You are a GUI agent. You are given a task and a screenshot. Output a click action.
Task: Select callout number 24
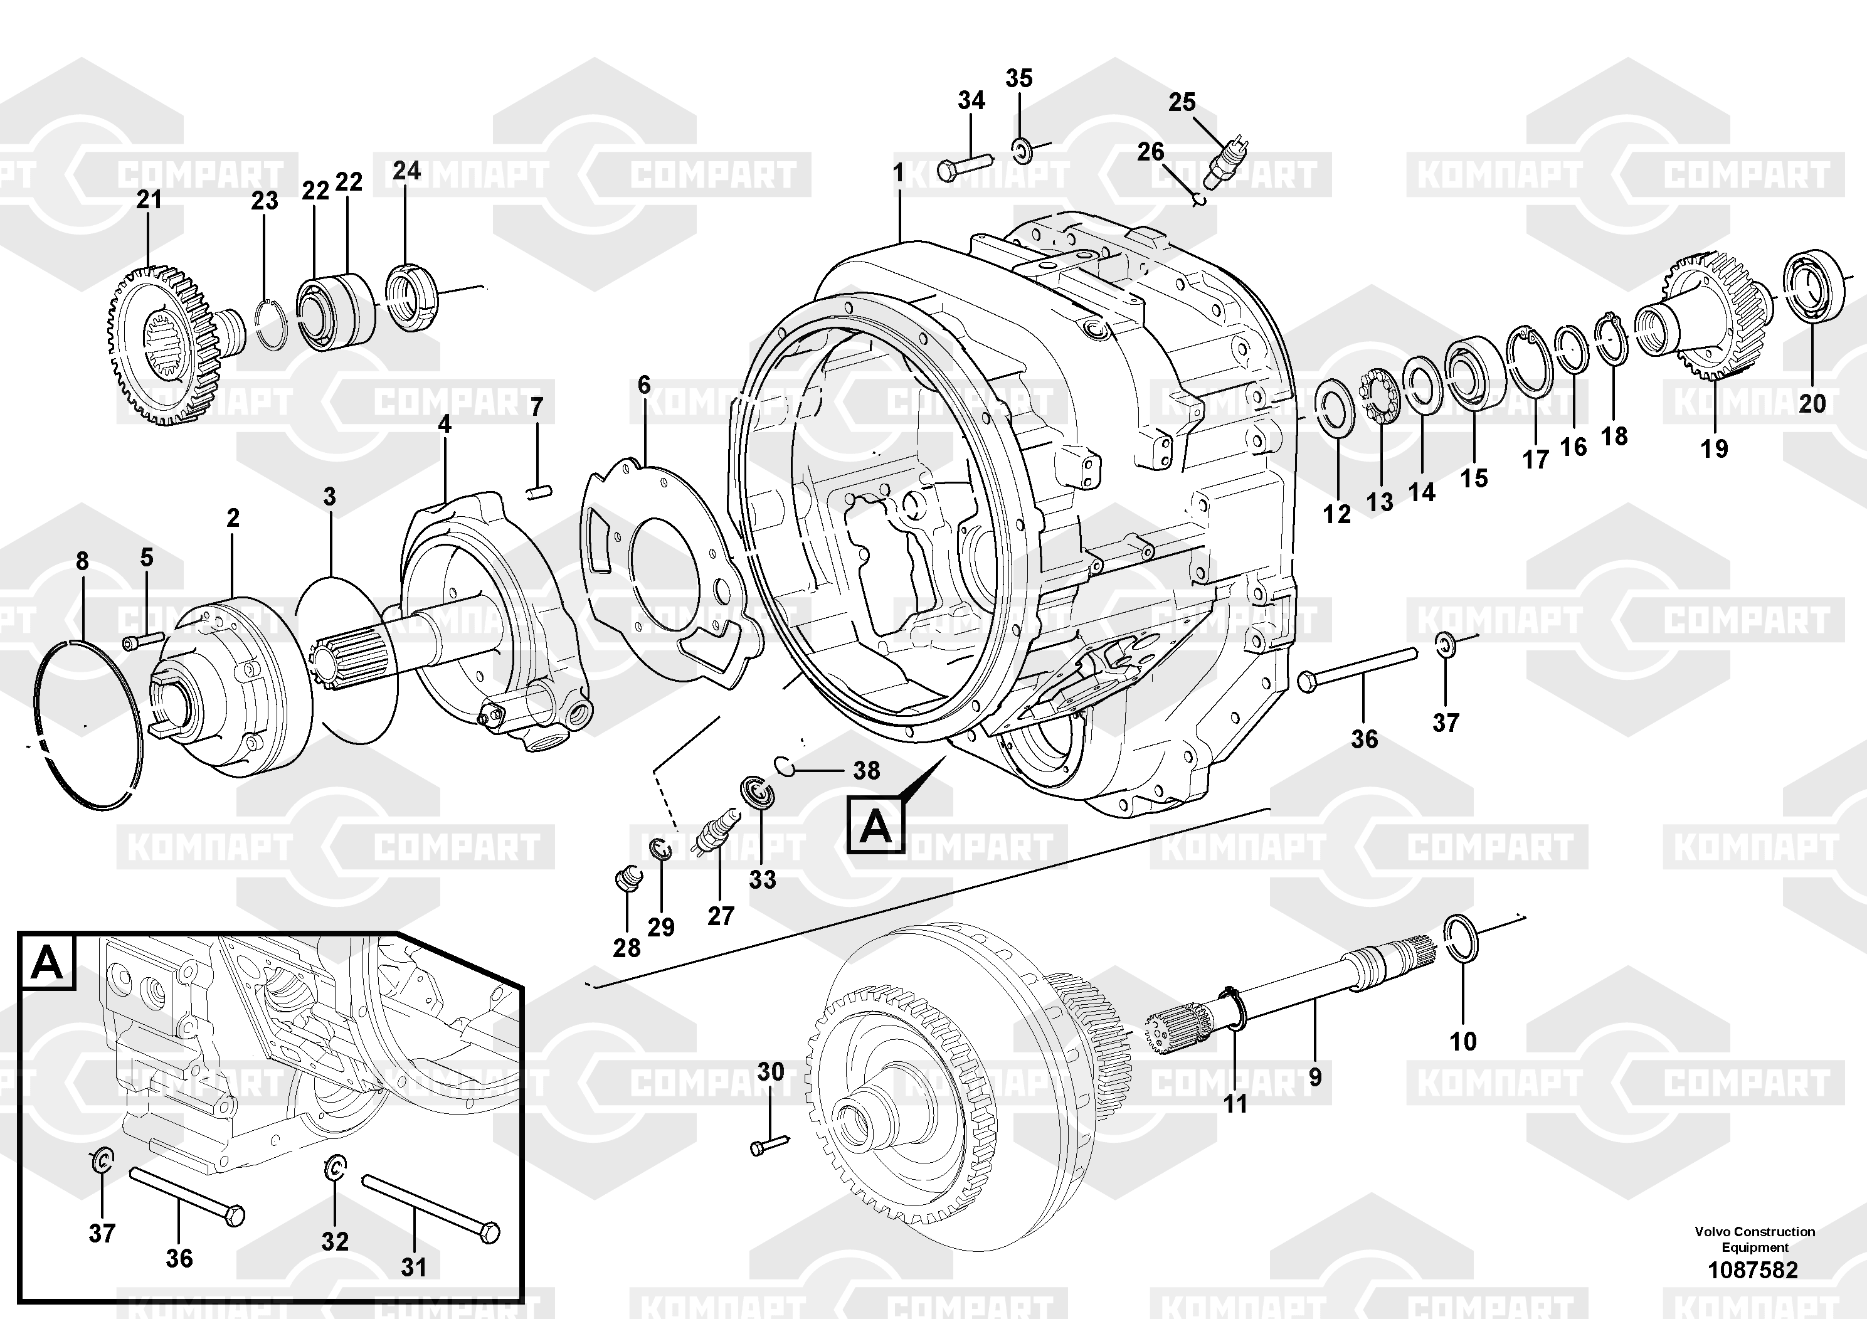click(406, 171)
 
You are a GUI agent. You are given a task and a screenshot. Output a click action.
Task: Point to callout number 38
click(866, 770)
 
